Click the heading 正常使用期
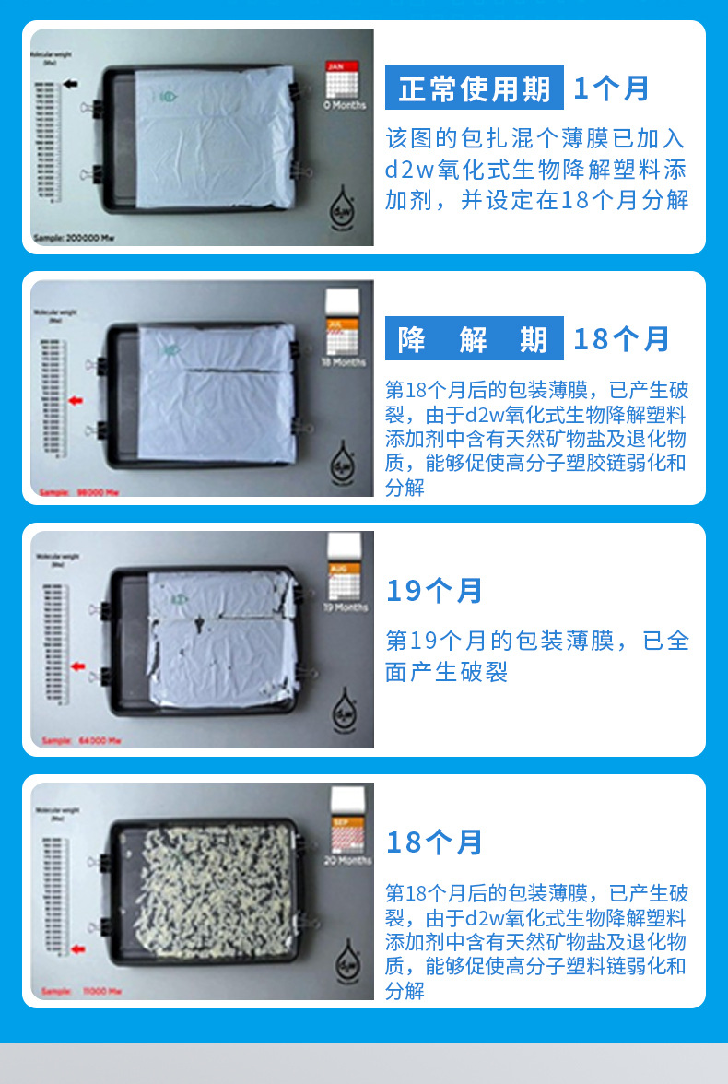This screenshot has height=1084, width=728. (475, 88)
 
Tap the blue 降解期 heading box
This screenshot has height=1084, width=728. (475, 339)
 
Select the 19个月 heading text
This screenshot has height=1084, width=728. (434, 591)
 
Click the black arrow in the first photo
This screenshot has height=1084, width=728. (71, 84)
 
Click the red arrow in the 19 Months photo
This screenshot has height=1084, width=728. (77, 666)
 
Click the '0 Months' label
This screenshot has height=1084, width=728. (344, 105)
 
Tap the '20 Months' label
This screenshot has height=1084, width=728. (346, 860)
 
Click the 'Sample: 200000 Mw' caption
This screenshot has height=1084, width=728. (73, 238)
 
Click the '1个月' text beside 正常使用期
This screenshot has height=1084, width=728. (612, 88)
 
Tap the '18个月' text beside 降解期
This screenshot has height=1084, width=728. (621, 339)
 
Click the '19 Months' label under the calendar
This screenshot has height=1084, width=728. (346, 607)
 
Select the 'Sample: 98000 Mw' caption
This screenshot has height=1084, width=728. (80, 492)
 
